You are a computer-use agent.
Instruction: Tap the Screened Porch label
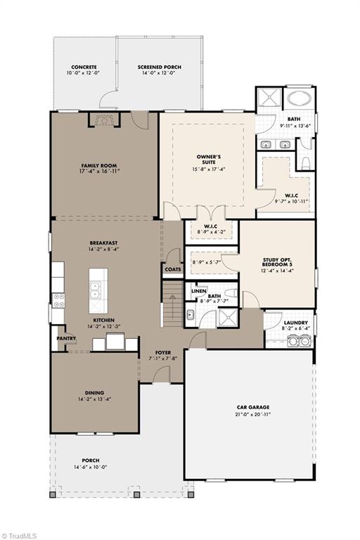[x=159, y=67]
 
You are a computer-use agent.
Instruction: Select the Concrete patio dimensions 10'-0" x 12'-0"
[x=84, y=73]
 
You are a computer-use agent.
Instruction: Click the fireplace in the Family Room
[x=103, y=120]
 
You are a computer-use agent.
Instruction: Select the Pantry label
[x=66, y=337]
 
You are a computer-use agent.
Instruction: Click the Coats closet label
[x=172, y=268]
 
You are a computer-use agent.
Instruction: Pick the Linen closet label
[x=200, y=291]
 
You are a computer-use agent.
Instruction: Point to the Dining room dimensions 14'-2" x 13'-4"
[x=94, y=399]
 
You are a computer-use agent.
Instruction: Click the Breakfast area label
[x=103, y=243]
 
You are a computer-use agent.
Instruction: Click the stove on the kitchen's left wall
[x=58, y=300]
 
